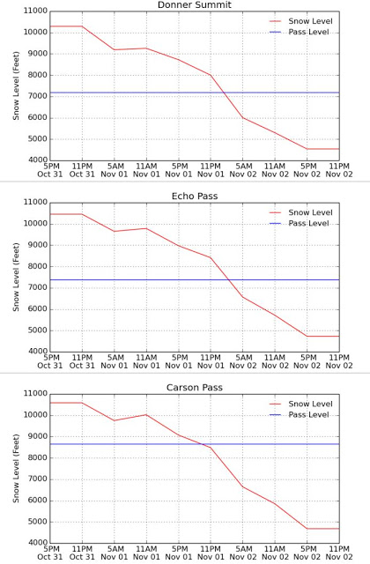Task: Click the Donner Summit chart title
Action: (195, 4)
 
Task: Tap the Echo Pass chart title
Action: (195, 196)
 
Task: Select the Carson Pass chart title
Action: (195, 388)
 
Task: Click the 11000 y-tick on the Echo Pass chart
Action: (35, 203)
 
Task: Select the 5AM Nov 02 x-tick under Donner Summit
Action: (243, 170)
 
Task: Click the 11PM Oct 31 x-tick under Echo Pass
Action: (82, 361)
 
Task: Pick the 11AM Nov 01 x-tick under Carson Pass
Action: (146, 553)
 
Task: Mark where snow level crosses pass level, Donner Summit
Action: (225, 93)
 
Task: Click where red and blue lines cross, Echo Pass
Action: (228, 279)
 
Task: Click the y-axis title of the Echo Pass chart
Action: (16, 277)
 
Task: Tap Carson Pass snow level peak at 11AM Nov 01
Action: (146, 415)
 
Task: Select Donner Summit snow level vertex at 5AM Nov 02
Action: (243, 117)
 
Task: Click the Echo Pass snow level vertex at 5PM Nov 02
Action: (307, 336)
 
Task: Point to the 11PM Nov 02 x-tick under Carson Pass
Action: (339, 553)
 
